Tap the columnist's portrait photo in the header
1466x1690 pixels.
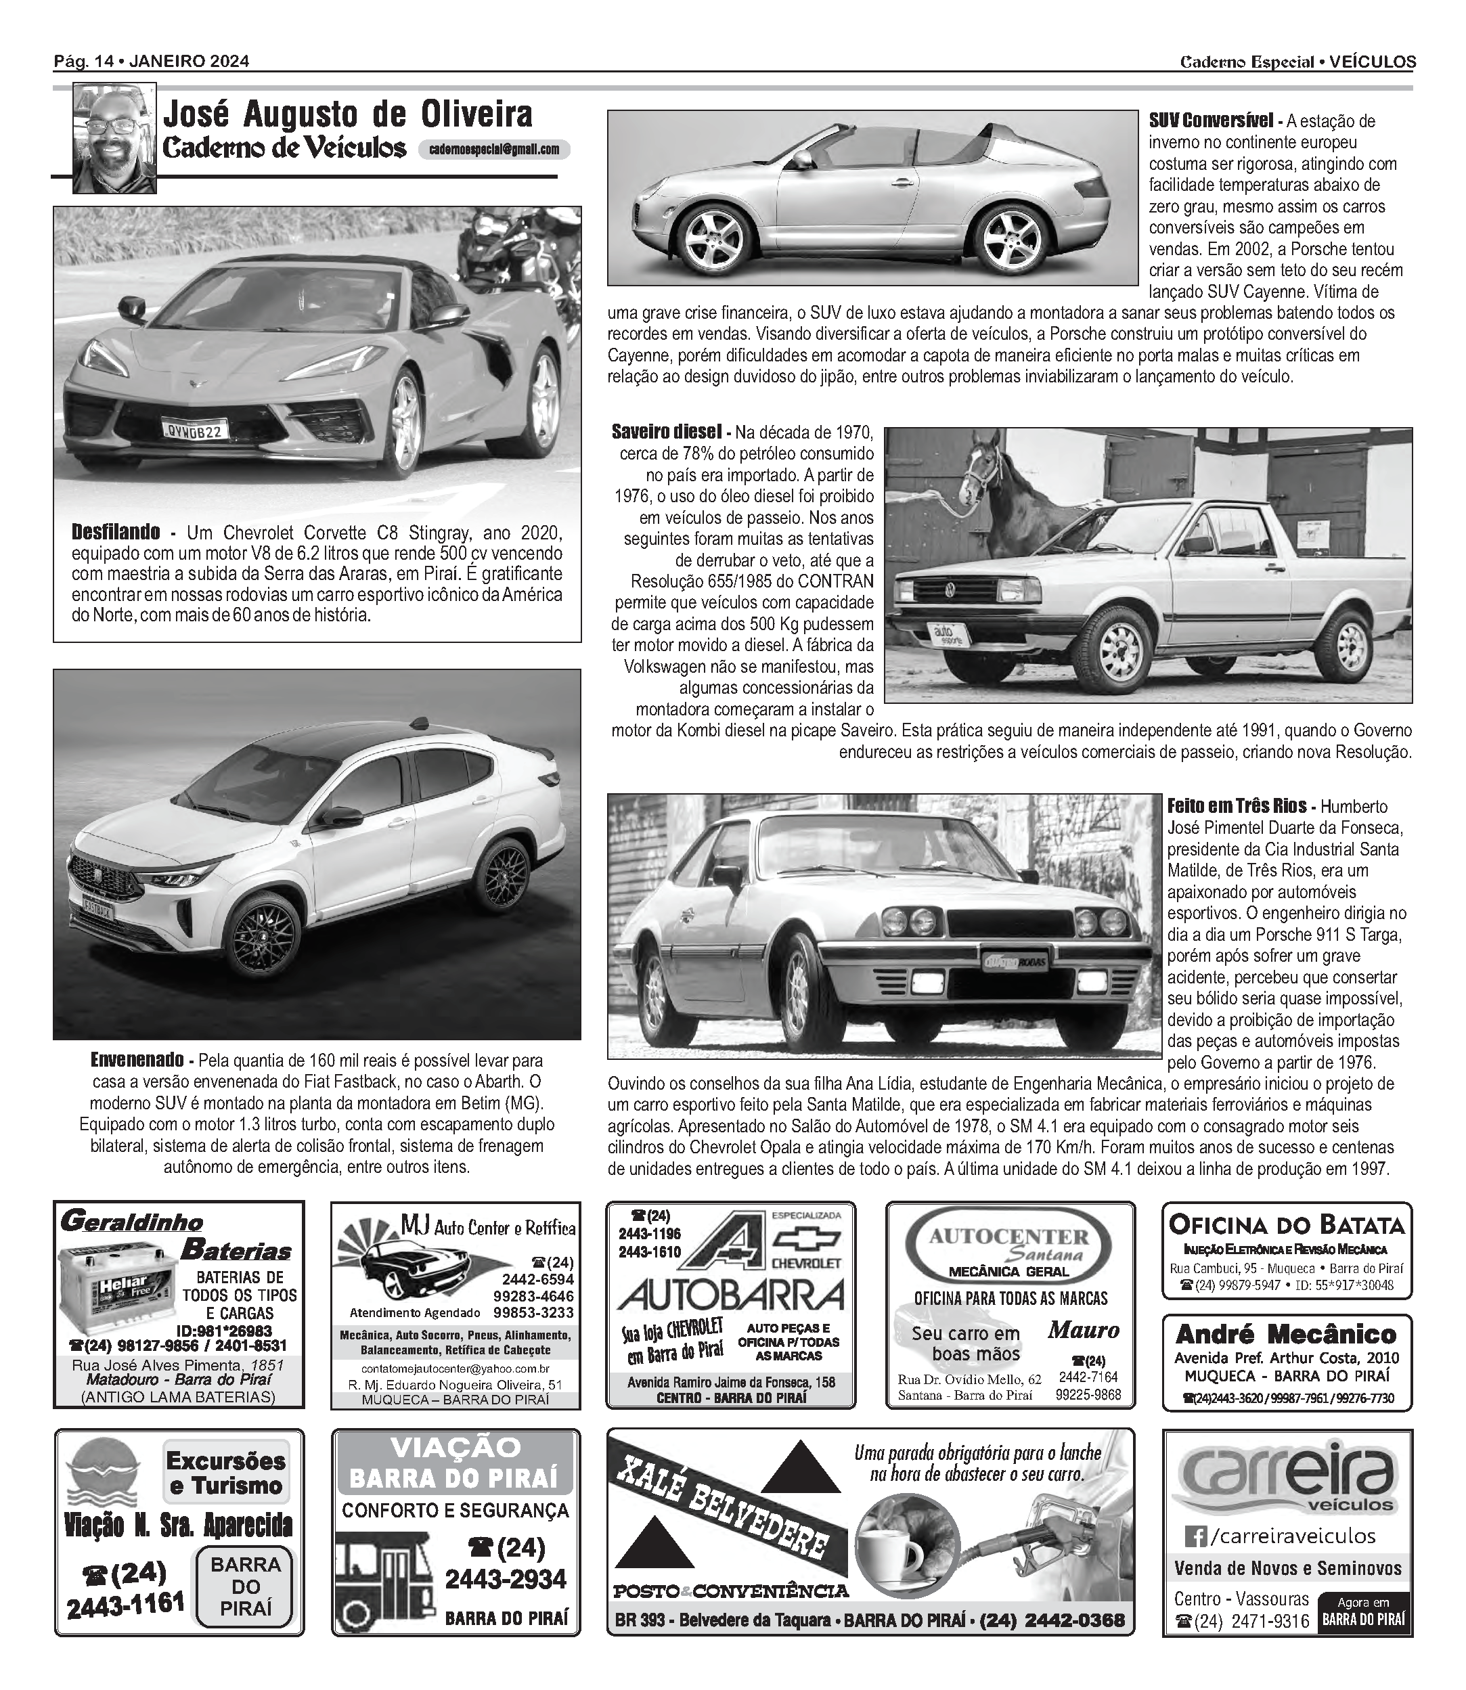pos(114,139)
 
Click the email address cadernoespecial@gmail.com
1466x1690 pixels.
pos(493,150)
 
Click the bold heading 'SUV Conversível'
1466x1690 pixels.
pos(1210,121)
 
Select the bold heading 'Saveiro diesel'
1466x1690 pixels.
pos(666,431)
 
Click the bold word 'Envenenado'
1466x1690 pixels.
pos(137,1060)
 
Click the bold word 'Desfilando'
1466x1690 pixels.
pos(115,533)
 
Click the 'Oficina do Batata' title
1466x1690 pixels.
pos(1286,1224)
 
